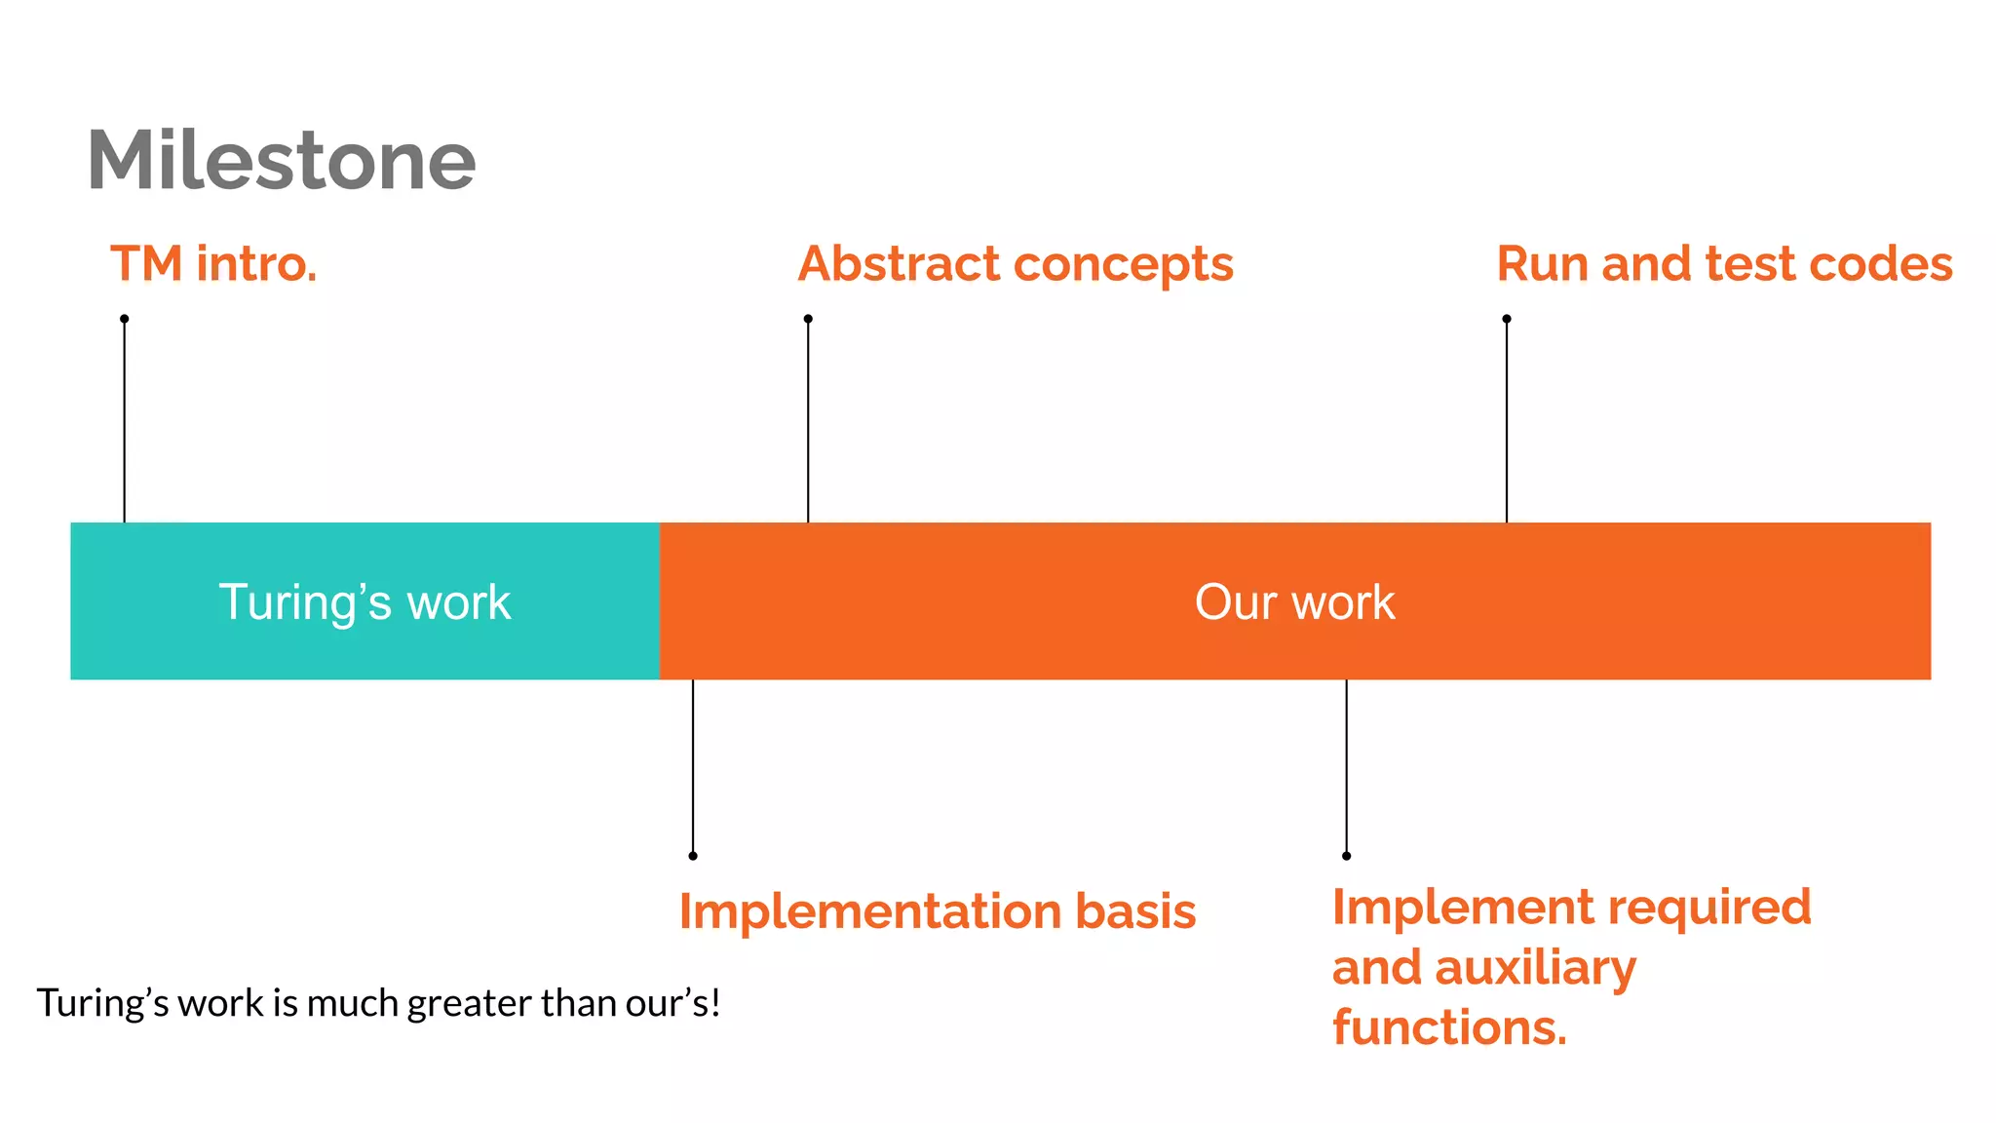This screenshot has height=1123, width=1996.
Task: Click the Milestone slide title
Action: tap(281, 160)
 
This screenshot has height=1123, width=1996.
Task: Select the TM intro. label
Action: tap(213, 264)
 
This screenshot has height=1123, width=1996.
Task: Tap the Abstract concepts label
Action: tap(1015, 264)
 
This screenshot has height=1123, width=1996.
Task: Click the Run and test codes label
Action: tap(1723, 264)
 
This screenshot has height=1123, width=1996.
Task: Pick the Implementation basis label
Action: tap(937, 911)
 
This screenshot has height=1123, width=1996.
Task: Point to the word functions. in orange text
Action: tap(1449, 1027)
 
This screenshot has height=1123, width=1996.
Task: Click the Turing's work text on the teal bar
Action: tap(365, 601)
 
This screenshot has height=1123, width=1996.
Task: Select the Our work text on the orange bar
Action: tap(1294, 601)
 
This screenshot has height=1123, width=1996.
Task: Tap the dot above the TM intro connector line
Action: tap(125, 319)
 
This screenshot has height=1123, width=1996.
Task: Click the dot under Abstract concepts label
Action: tap(808, 319)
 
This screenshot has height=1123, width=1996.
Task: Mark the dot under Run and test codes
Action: tap(1507, 319)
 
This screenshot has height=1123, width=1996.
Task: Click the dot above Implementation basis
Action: tap(693, 856)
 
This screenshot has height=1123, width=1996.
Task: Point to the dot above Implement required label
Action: tap(1346, 856)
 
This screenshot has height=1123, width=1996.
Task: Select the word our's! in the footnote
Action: tap(672, 1003)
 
